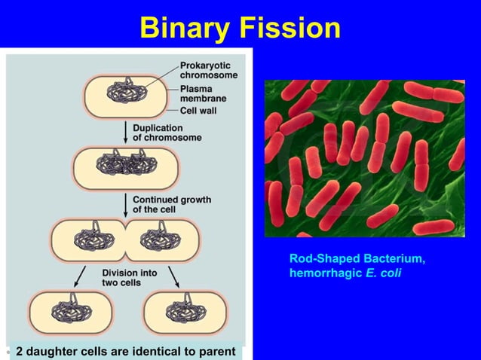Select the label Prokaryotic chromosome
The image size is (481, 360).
point(208,71)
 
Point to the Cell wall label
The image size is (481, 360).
point(198,111)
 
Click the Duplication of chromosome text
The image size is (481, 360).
point(167,133)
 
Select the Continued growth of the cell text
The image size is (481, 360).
point(171,204)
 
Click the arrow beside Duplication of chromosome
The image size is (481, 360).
point(125,132)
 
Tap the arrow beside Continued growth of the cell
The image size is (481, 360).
point(125,203)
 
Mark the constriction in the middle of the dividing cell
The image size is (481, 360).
point(124,239)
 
